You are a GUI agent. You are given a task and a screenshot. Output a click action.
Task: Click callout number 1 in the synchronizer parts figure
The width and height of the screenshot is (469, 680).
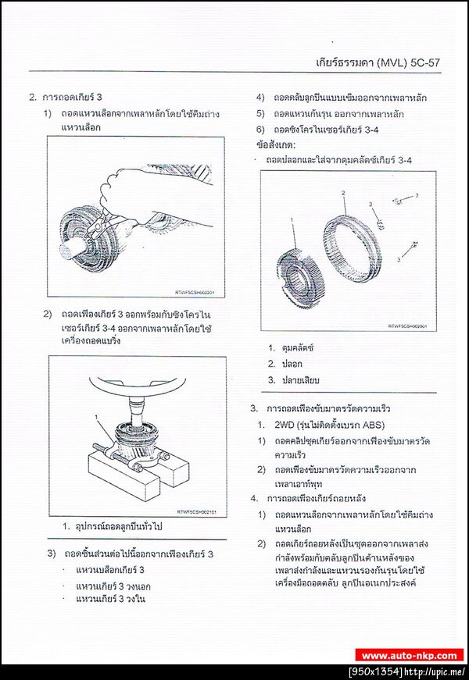292,221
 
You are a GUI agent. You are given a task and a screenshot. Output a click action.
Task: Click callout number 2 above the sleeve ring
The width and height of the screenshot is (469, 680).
342,193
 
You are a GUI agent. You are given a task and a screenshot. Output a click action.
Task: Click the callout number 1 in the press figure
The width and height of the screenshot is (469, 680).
96,419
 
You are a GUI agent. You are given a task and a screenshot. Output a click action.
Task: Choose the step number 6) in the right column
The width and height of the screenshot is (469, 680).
260,129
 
